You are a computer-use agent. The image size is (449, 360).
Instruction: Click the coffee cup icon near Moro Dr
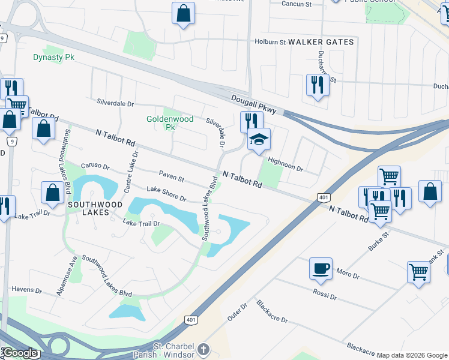tap(321, 268)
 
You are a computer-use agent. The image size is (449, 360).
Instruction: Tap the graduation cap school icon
tap(259, 140)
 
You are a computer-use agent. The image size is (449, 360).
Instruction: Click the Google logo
tap(20, 353)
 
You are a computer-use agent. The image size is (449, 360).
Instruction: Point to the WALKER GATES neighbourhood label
tap(321, 43)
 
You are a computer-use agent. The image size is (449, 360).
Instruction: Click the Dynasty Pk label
tap(53, 58)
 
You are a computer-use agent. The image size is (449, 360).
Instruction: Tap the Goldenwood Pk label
tap(170, 123)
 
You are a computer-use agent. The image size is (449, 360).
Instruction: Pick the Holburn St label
tap(270, 43)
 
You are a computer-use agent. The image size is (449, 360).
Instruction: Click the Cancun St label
tap(297, 4)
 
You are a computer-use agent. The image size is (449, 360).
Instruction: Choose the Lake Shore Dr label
tap(166, 194)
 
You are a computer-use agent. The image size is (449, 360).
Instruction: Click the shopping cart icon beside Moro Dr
tap(418, 271)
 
